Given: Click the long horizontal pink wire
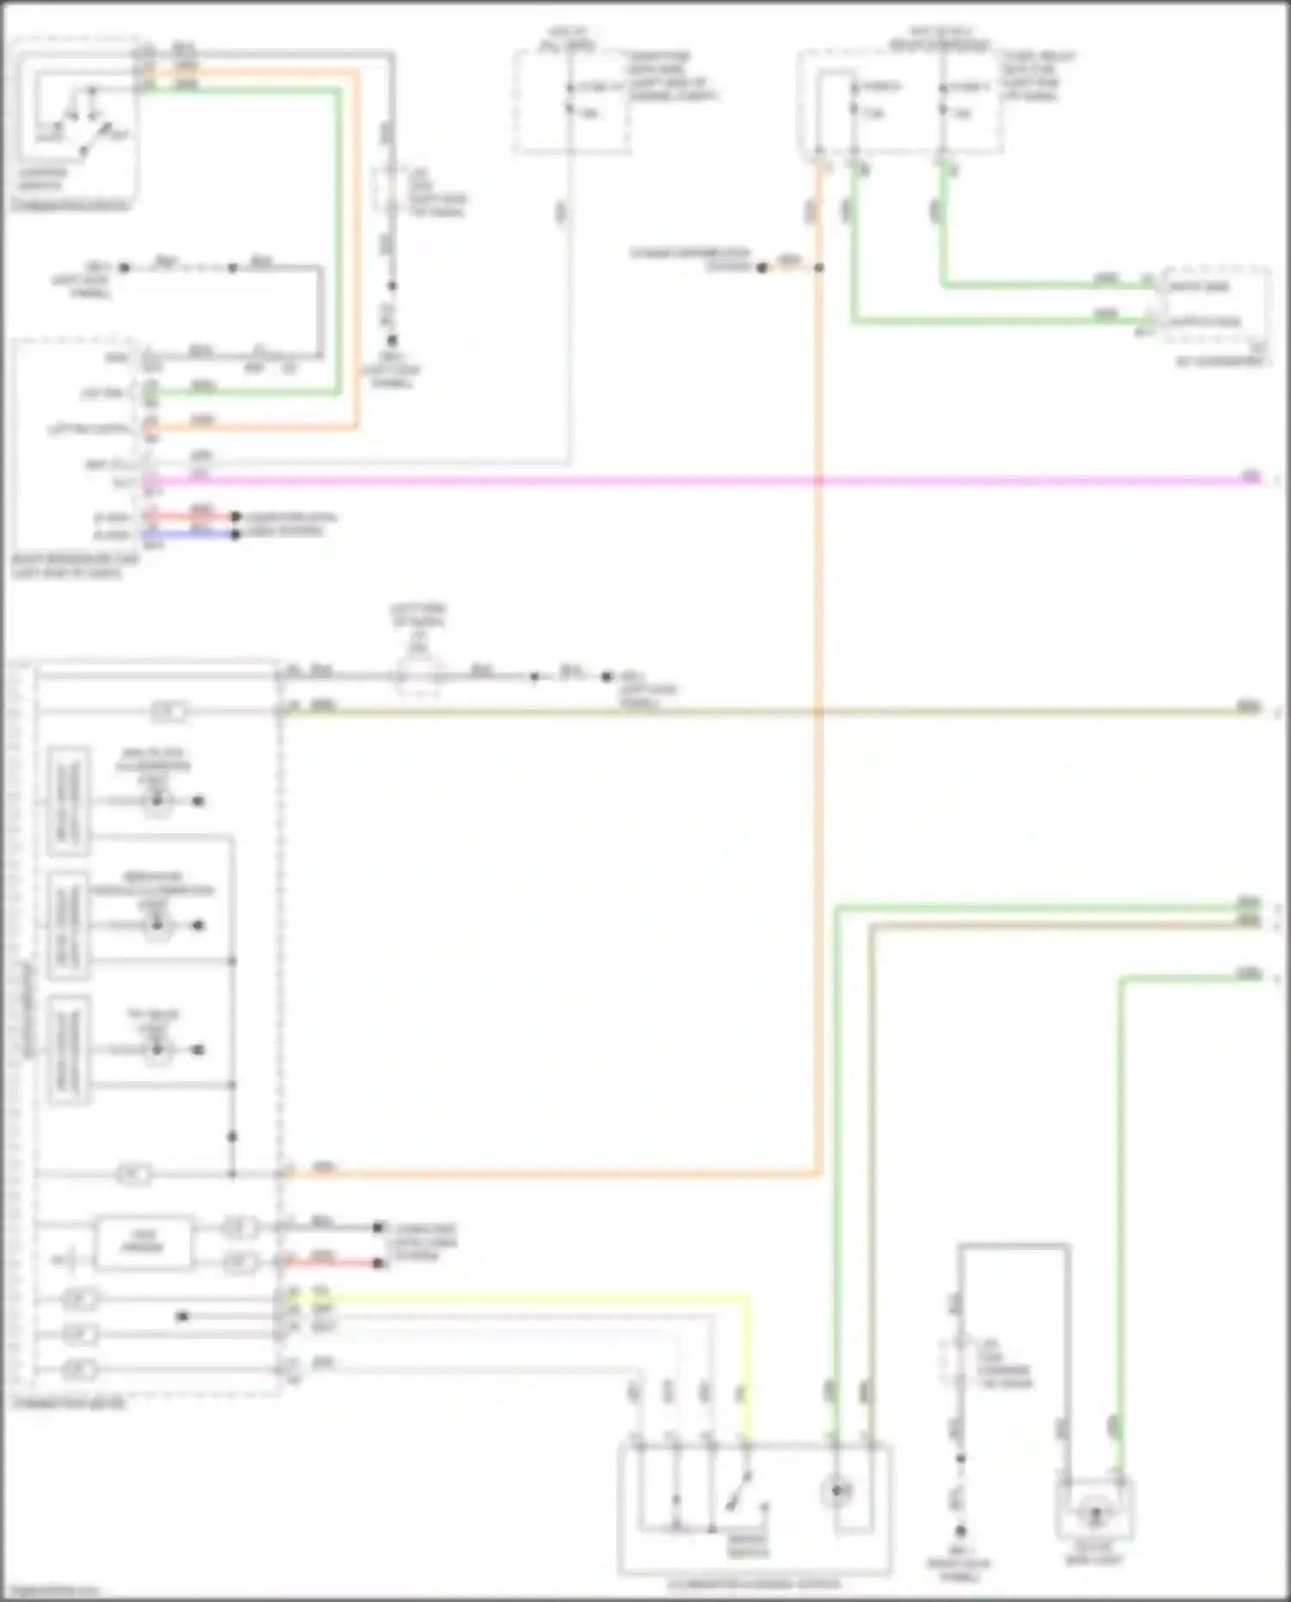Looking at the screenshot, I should [x=689, y=479].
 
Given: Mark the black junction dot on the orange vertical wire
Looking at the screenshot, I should [x=818, y=268].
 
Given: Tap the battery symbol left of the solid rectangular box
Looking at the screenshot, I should [x=69, y=1262].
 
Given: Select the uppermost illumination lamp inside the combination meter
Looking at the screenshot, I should [x=157, y=801].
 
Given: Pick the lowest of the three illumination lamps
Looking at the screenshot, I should [x=157, y=1050].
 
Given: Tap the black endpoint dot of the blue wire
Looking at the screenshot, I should [x=235, y=535].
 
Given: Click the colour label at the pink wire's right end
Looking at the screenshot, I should [x=1250, y=478].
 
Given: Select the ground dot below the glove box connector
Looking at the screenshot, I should [x=961, y=1531].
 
